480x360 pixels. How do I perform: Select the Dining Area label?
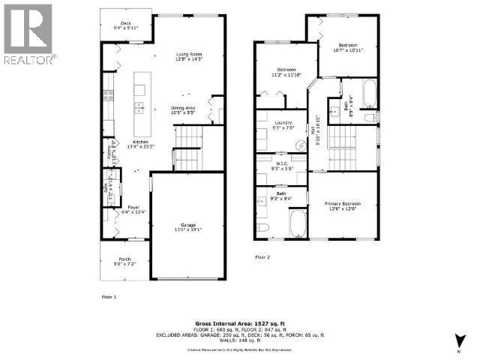coord(183,111)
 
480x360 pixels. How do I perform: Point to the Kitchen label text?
coord(140,145)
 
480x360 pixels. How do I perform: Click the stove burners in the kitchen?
coord(109,95)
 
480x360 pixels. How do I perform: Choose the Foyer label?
coord(133,209)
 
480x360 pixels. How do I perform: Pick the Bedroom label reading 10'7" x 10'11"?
coord(348,48)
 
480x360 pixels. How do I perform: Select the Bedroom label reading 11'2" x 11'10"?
coord(283,73)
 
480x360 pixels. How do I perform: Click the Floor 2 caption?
coord(261,256)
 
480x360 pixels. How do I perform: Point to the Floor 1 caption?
coord(109,297)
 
